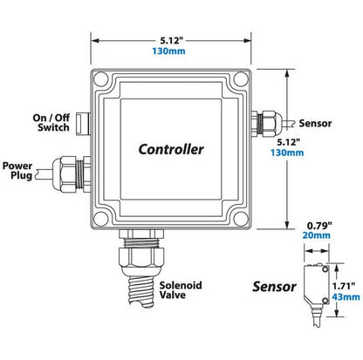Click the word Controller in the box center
coord(171,149)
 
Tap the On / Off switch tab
coord(82,124)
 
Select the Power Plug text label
coord(17,171)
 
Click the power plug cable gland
coord(71,173)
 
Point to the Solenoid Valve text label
coord(181,290)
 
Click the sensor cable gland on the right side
coord(266,123)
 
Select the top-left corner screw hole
coord(101,78)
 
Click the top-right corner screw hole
coord(241,78)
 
